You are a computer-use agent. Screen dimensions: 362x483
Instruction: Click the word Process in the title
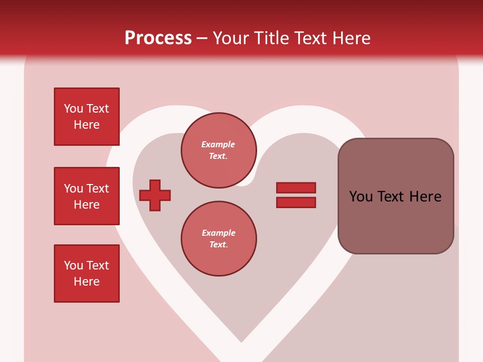(x=158, y=38)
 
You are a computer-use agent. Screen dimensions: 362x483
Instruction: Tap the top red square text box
(x=87, y=117)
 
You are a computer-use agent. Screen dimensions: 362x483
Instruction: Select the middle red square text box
(x=87, y=196)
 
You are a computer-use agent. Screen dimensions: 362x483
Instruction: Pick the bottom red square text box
(x=87, y=274)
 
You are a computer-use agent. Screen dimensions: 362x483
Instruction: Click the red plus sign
(x=155, y=195)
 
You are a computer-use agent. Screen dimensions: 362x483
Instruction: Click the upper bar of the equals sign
(x=296, y=188)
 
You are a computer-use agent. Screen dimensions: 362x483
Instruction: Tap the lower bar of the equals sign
(x=296, y=203)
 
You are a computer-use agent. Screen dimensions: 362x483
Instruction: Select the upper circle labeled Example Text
(x=219, y=150)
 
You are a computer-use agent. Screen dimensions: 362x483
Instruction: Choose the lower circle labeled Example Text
(x=219, y=239)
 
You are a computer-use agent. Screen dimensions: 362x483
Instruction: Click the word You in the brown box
(x=360, y=197)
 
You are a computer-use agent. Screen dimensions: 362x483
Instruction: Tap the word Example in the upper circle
(x=218, y=144)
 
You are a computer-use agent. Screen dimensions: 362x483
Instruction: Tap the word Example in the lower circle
(x=218, y=233)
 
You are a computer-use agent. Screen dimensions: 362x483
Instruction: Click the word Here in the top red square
(x=87, y=125)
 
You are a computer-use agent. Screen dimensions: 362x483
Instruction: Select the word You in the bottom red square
(x=73, y=265)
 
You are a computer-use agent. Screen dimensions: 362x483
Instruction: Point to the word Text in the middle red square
(x=98, y=189)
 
